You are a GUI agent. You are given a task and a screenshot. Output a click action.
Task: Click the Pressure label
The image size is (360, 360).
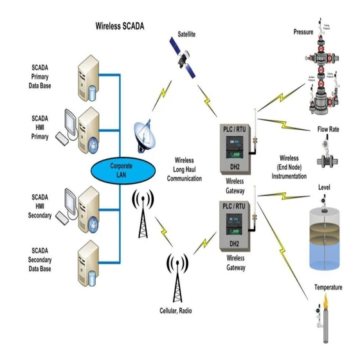click(x=303, y=31)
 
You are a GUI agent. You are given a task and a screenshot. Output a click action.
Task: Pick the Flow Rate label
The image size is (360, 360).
click(x=328, y=129)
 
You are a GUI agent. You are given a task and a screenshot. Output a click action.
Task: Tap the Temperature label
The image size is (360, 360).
click(x=328, y=287)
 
